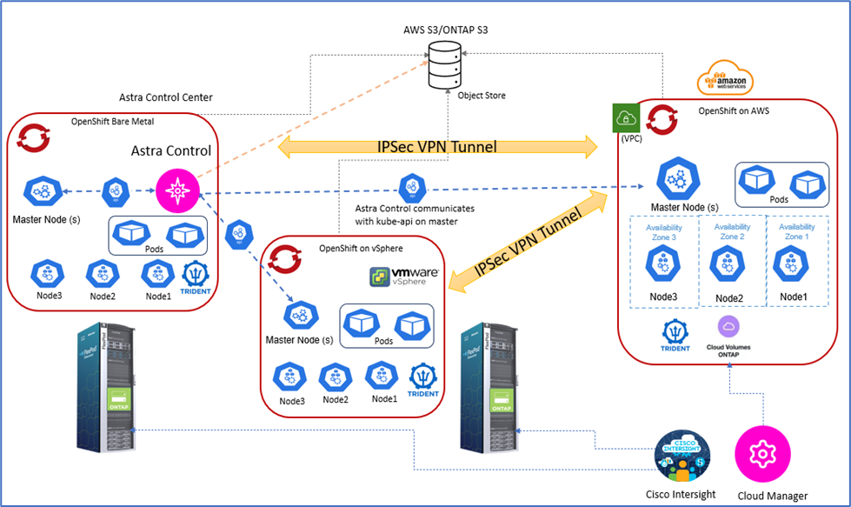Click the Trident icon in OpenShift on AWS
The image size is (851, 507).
tap(675, 334)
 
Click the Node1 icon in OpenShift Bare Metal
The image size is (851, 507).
tap(157, 274)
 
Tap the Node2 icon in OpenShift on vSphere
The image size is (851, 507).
tap(336, 377)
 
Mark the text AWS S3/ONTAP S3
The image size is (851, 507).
tap(443, 31)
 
